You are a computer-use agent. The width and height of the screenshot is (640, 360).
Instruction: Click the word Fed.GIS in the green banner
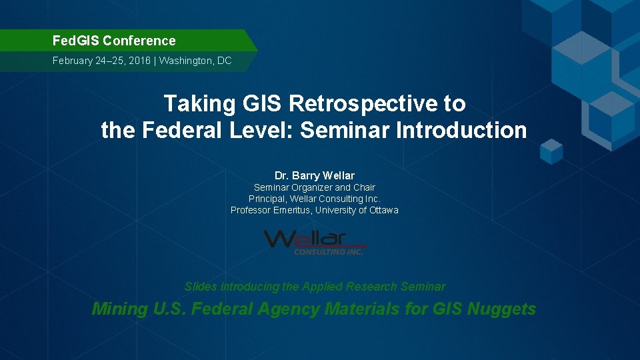75,41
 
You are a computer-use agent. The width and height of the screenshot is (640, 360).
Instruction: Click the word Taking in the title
193,104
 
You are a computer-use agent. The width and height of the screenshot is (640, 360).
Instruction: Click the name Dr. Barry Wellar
314,175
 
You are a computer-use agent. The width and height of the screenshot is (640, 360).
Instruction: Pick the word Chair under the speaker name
364,187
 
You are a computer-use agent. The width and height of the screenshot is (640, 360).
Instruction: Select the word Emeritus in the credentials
290,210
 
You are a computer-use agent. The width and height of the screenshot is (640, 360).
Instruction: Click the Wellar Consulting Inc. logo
314,241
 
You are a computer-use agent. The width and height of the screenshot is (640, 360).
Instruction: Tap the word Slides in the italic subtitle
201,287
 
